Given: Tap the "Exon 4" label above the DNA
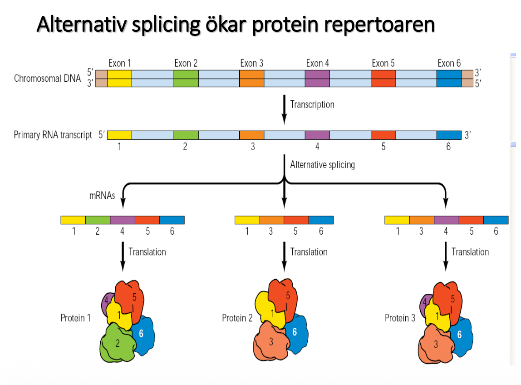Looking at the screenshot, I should coord(317,63).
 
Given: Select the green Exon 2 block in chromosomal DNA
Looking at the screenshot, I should coord(186,78).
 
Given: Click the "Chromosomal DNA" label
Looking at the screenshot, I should coord(47,78).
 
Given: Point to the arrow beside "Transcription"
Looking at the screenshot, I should coord(284,109).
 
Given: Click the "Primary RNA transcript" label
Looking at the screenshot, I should coord(53,135).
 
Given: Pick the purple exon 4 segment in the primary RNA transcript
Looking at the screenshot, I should coord(317,135).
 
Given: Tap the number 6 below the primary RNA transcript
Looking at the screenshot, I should coord(448,147).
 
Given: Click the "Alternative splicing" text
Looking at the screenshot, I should coord(322,164).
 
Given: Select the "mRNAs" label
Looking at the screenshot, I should coord(102,197).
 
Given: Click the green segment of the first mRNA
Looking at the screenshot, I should coord(98,220).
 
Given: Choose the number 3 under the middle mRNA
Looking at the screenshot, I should coord(271,231).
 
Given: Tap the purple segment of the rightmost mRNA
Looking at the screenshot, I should coord(446,220).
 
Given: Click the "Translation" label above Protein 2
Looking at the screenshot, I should coord(309,252).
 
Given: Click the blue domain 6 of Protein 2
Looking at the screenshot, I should coord(295,334).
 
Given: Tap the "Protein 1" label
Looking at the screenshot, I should coord(75,318).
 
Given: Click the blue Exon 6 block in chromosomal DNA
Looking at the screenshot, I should coord(449,78).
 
